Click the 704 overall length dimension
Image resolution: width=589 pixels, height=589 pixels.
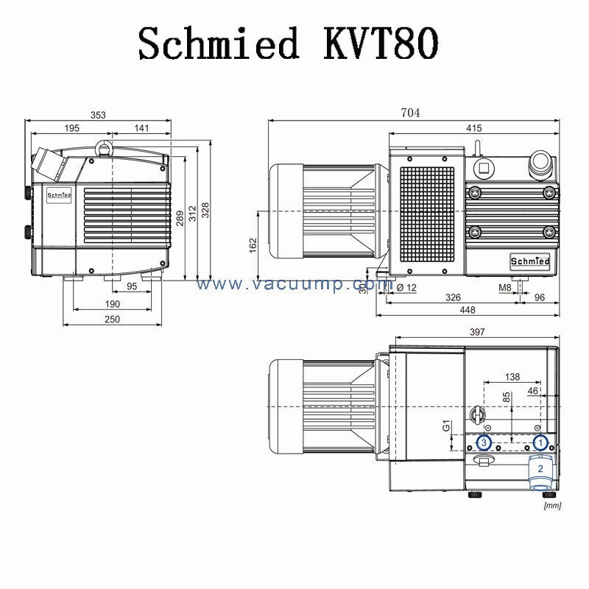[x=409, y=113]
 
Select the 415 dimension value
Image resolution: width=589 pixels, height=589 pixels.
[x=473, y=128]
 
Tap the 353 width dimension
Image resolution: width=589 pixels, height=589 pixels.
[x=98, y=114]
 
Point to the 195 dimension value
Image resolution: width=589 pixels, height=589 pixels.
[x=71, y=128]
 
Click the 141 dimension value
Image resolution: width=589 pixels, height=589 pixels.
[x=141, y=128]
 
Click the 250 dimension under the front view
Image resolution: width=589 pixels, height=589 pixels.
[x=111, y=319]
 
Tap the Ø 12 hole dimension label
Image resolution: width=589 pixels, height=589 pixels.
[x=406, y=288]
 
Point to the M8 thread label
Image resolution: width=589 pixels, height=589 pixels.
[x=504, y=288]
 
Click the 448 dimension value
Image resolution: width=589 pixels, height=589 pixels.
[x=468, y=310]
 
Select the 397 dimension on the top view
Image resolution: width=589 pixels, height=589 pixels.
[x=476, y=333]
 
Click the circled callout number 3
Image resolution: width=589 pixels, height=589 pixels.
[x=484, y=442]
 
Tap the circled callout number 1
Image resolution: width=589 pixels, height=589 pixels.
[x=540, y=442]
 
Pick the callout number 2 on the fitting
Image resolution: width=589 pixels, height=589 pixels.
[x=540, y=468]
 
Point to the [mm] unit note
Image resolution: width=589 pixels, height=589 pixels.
[x=552, y=505]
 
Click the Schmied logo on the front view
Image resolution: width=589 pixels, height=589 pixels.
[x=59, y=195]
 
